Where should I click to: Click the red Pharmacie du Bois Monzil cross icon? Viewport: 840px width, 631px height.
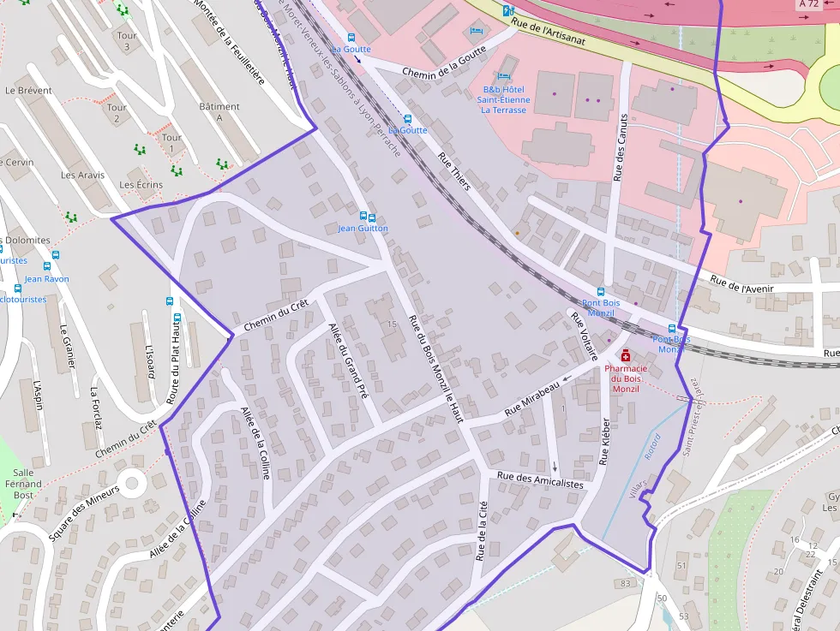coord(626,355)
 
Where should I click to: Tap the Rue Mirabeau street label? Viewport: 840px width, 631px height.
coord(531,399)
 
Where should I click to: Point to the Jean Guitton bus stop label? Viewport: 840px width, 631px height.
coord(363,229)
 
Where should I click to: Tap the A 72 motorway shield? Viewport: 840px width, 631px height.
coord(808,4)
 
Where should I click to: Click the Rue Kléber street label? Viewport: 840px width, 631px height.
coord(605,441)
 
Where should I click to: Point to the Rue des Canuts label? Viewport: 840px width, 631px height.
coord(621,146)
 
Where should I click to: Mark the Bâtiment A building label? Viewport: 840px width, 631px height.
coord(219,112)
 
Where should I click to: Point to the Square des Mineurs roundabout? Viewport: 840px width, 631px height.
coord(132,484)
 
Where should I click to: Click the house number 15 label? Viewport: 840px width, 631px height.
coord(392,324)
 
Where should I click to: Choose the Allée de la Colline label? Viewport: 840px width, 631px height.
coord(255,442)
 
